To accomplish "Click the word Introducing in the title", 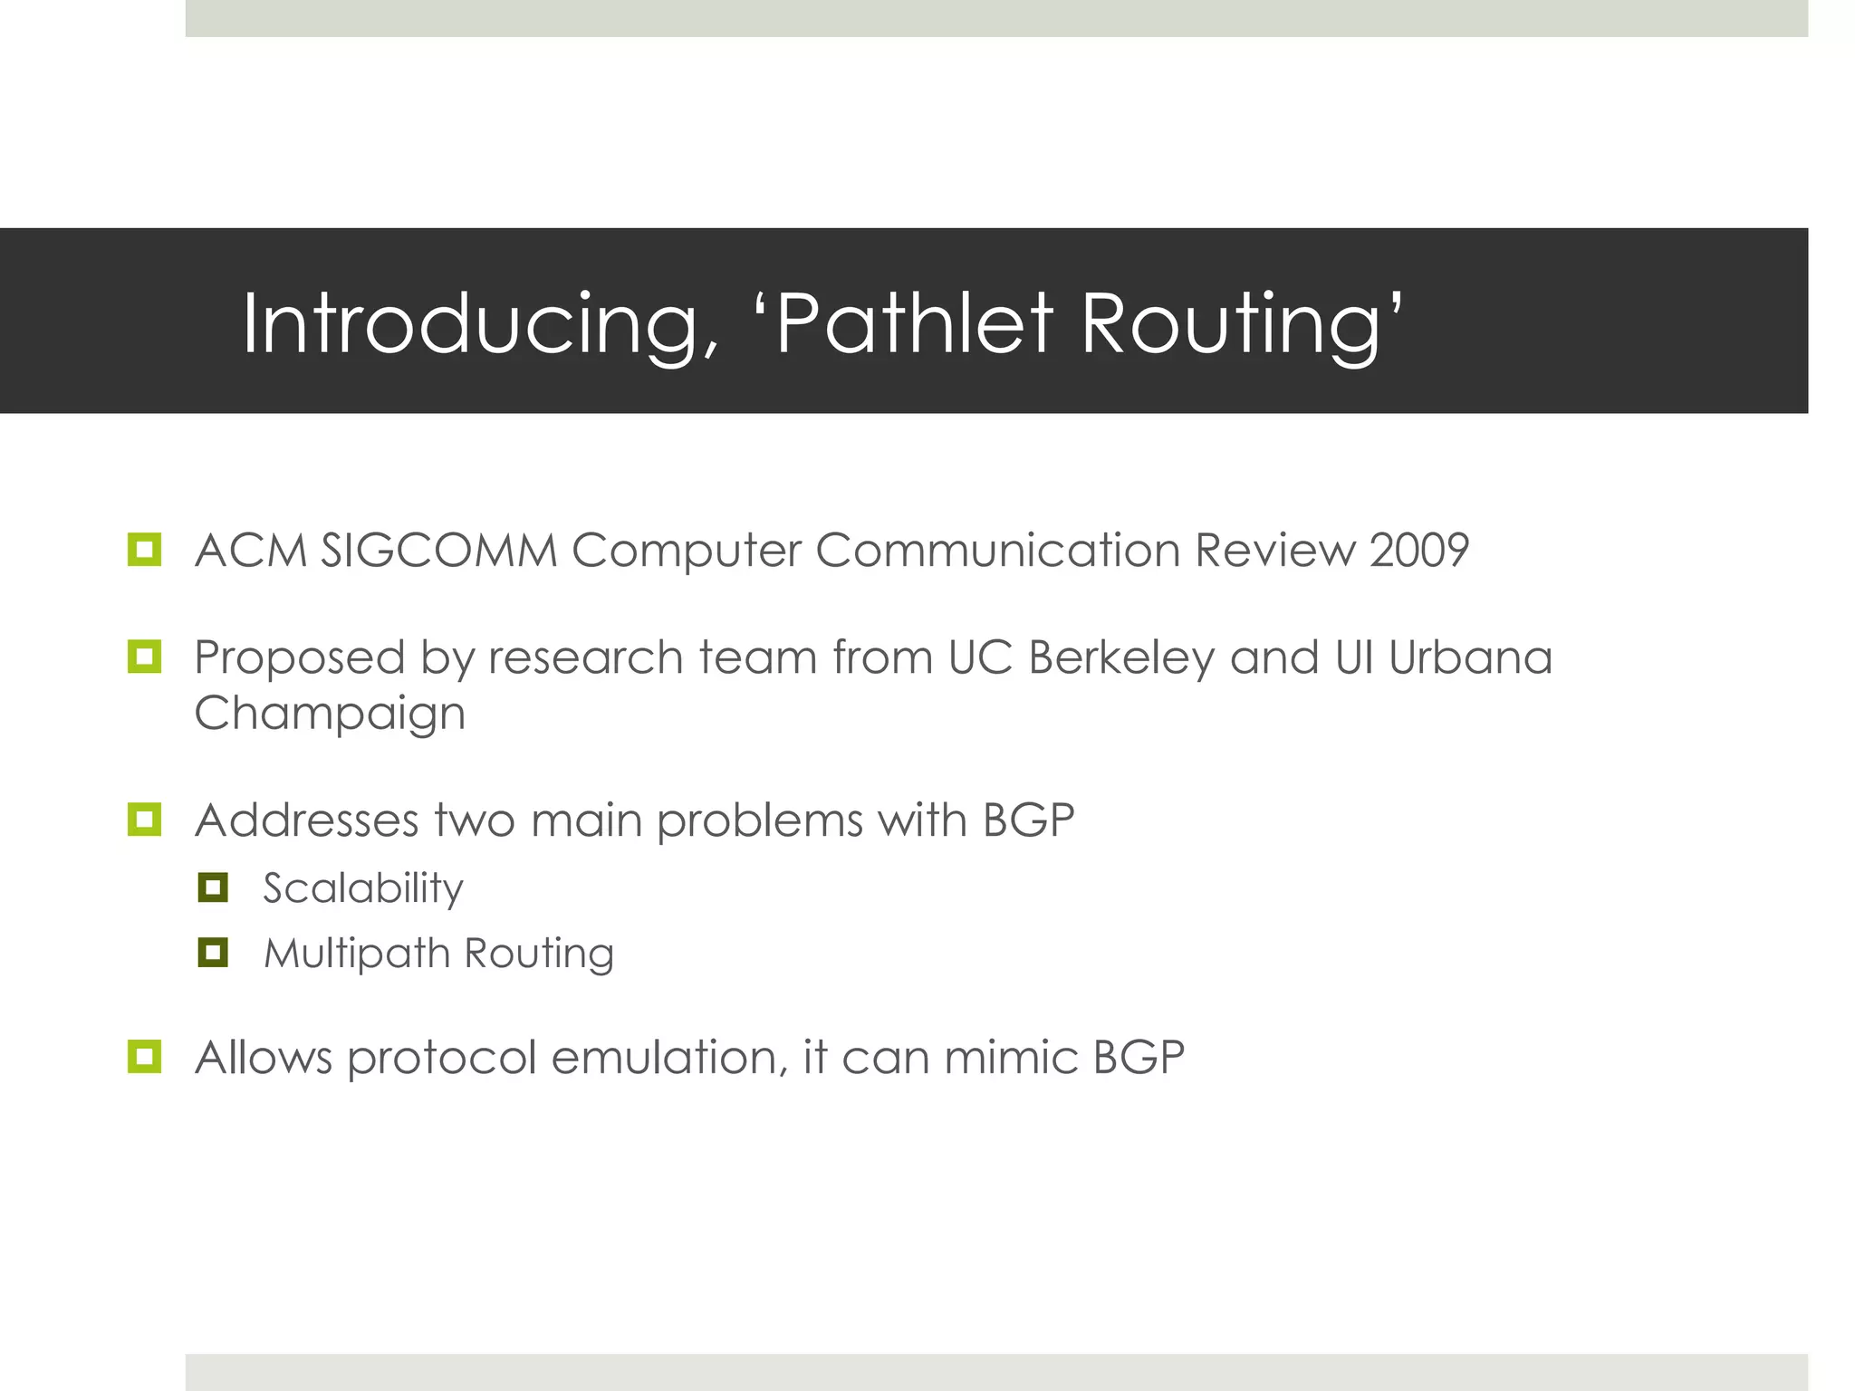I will pyautogui.click(x=478, y=324).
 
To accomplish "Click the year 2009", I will pyautogui.click(x=1418, y=551).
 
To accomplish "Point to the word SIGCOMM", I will pyautogui.click(x=439, y=551).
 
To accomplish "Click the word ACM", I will pyautogui.click(x=251, y=551).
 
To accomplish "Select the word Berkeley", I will pyautogui.click(x=1120, y=658).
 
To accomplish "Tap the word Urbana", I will pyautogui.click(x=1470, y=657).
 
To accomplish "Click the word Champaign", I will pyautogui.click(x=330, y=715).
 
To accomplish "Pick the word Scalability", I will pyautogui.click(x=363, y=888).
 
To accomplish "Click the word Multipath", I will pyautogui.click(x=357, y=954).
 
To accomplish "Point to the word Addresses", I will pyautogui.click(x=306, y=820).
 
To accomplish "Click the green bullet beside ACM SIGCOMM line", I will pyautogui.click(x=145, y=549).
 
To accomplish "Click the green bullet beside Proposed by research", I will pyautogui.click(x=145, y=657).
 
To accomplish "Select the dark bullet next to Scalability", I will pyautogui.click(x=213, y=887).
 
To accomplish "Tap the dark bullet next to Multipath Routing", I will pyautogui.click(x=213, y=953).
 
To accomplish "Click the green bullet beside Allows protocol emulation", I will pyautogui.click(x=145, y=1056).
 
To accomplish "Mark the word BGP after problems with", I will pyautogui.click(x=1028, y=820).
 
